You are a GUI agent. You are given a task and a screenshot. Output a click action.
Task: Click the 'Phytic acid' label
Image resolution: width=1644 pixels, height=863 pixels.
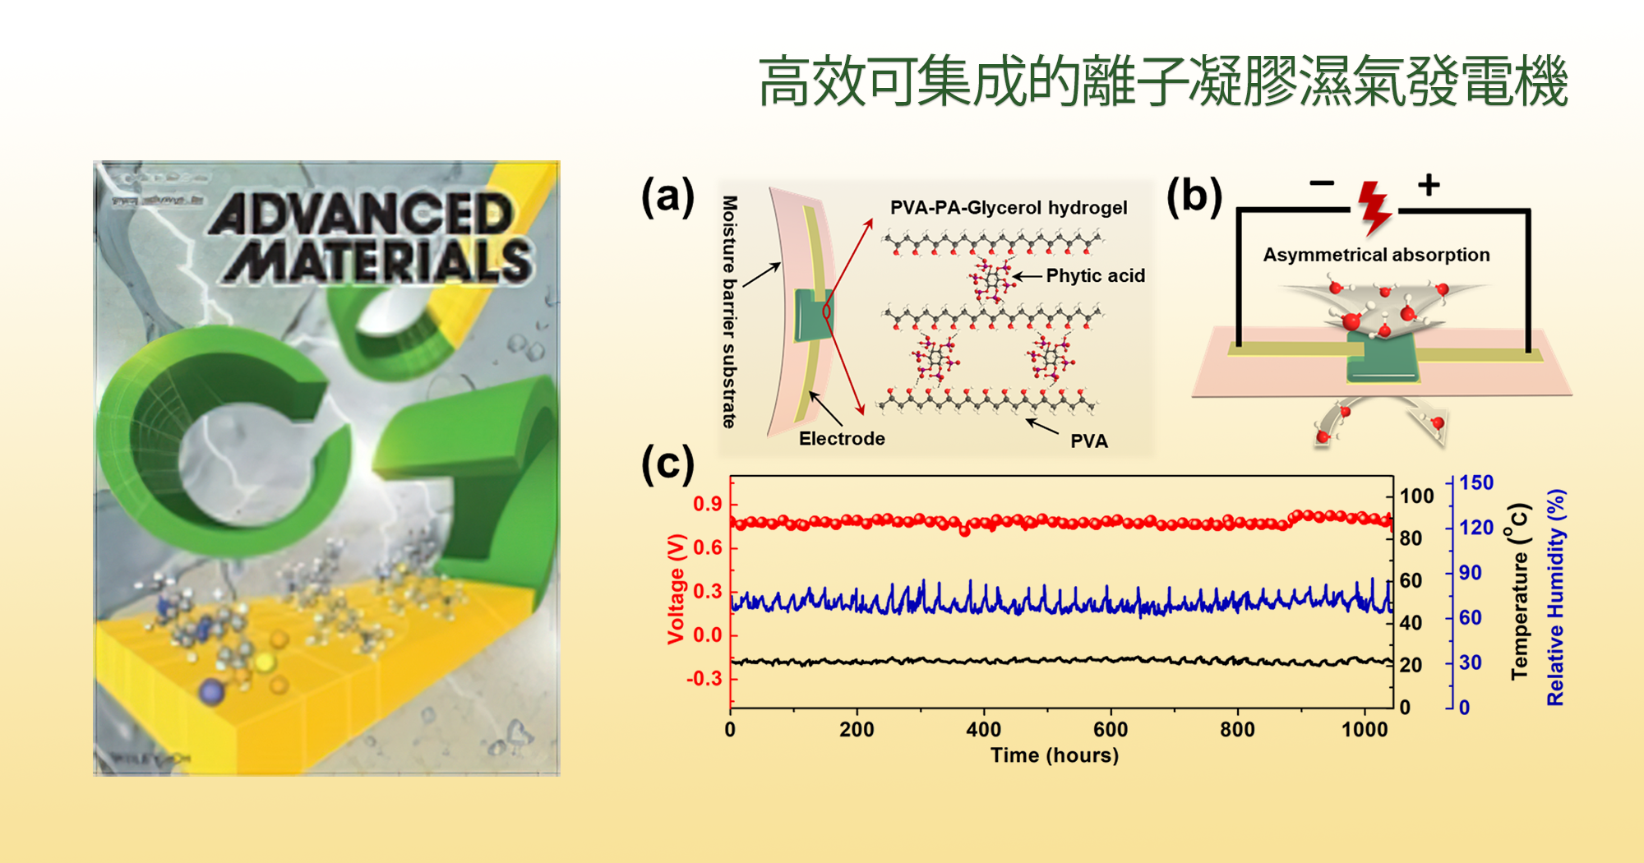(x=1095, y=276)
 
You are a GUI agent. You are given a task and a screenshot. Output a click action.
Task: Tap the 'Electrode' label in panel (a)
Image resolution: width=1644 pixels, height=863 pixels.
(x=842, y=439)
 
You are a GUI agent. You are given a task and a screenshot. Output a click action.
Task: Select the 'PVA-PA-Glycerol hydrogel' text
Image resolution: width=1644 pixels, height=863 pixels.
(x=1009, y=208)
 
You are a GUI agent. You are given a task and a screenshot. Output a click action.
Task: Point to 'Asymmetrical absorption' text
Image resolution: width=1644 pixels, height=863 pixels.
(x=1376, y=255)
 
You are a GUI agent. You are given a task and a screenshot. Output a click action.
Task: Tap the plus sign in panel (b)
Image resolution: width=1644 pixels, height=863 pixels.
(x=1429, y=184)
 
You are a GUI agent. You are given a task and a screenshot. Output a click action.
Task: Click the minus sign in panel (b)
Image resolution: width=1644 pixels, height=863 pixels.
(x=1322, y=183)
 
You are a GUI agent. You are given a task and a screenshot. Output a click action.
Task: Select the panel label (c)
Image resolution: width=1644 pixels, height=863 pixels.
(x=667, y=464)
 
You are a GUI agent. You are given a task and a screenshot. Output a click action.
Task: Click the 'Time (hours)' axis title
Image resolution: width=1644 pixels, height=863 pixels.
(x=1055, y=755)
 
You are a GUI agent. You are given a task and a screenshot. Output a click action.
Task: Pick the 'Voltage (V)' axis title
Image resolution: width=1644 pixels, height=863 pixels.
(x=677, y=588)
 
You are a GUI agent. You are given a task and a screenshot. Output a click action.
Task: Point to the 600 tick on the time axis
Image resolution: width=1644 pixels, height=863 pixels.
(x=1111, y=729)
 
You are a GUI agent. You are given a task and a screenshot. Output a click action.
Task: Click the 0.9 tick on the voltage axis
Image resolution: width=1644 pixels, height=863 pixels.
(x=707, y=504)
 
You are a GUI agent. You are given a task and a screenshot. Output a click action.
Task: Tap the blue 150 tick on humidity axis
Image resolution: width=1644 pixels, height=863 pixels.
(x=1476, y=482)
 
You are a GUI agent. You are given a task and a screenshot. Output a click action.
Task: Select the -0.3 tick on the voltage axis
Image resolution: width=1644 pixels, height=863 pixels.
(x=704, y=678)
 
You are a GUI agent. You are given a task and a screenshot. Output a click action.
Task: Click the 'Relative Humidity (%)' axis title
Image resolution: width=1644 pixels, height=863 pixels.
(x=1556, y=598)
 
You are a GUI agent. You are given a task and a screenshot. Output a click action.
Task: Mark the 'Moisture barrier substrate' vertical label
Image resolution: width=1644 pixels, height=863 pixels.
(x=729, y=312)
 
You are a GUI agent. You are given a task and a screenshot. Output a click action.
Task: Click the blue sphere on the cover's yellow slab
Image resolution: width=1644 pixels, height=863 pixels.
(x=212, y=691)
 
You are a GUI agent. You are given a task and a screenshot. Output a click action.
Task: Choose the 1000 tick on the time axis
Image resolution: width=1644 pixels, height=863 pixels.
(x=1365, y=729)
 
